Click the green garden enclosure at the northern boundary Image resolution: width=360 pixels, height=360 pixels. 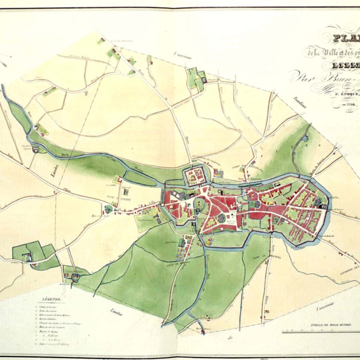click(x=194, y=78)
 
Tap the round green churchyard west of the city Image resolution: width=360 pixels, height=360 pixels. click(x=108, y=209)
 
